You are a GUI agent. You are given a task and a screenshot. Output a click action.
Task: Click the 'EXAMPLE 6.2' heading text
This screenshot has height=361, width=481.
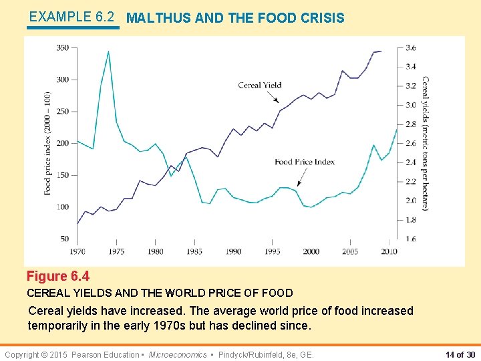(x=72, y=17)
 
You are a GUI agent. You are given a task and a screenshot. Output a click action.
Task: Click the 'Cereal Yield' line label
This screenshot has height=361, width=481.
(x=259, y=85)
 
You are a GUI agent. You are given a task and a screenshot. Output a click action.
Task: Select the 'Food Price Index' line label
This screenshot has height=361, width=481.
(x=305, y=162)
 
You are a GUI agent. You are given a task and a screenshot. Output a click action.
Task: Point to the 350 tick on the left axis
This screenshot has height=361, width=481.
(x=62, y=47)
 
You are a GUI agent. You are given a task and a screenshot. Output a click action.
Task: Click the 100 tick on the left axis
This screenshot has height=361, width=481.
(x=62, y=207)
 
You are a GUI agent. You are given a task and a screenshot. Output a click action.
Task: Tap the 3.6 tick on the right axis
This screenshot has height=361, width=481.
(x=411, y=47)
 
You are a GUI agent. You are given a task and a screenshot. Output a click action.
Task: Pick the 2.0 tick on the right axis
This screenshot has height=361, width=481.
(x=411, y=201)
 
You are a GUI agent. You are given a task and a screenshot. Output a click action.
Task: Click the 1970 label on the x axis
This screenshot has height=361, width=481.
(x=77, y=251)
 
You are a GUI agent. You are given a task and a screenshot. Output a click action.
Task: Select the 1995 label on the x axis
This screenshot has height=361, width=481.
(x=272, y=251)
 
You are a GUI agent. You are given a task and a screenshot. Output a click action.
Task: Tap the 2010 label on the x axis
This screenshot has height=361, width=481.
(x=389, y=251)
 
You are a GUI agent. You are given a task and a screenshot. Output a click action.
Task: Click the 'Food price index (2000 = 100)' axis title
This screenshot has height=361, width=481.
(x=48, y=143)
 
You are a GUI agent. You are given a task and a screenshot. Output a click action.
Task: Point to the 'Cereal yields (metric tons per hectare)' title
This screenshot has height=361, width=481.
(x=426, y=143)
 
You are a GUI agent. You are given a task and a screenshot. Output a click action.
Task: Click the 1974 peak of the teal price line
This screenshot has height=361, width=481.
(x=108, y=52)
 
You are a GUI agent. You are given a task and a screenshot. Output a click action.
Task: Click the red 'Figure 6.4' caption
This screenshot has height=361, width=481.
(x=58, y=276)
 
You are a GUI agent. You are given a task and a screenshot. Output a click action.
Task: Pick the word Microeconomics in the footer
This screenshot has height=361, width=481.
(x=178, y=354)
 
